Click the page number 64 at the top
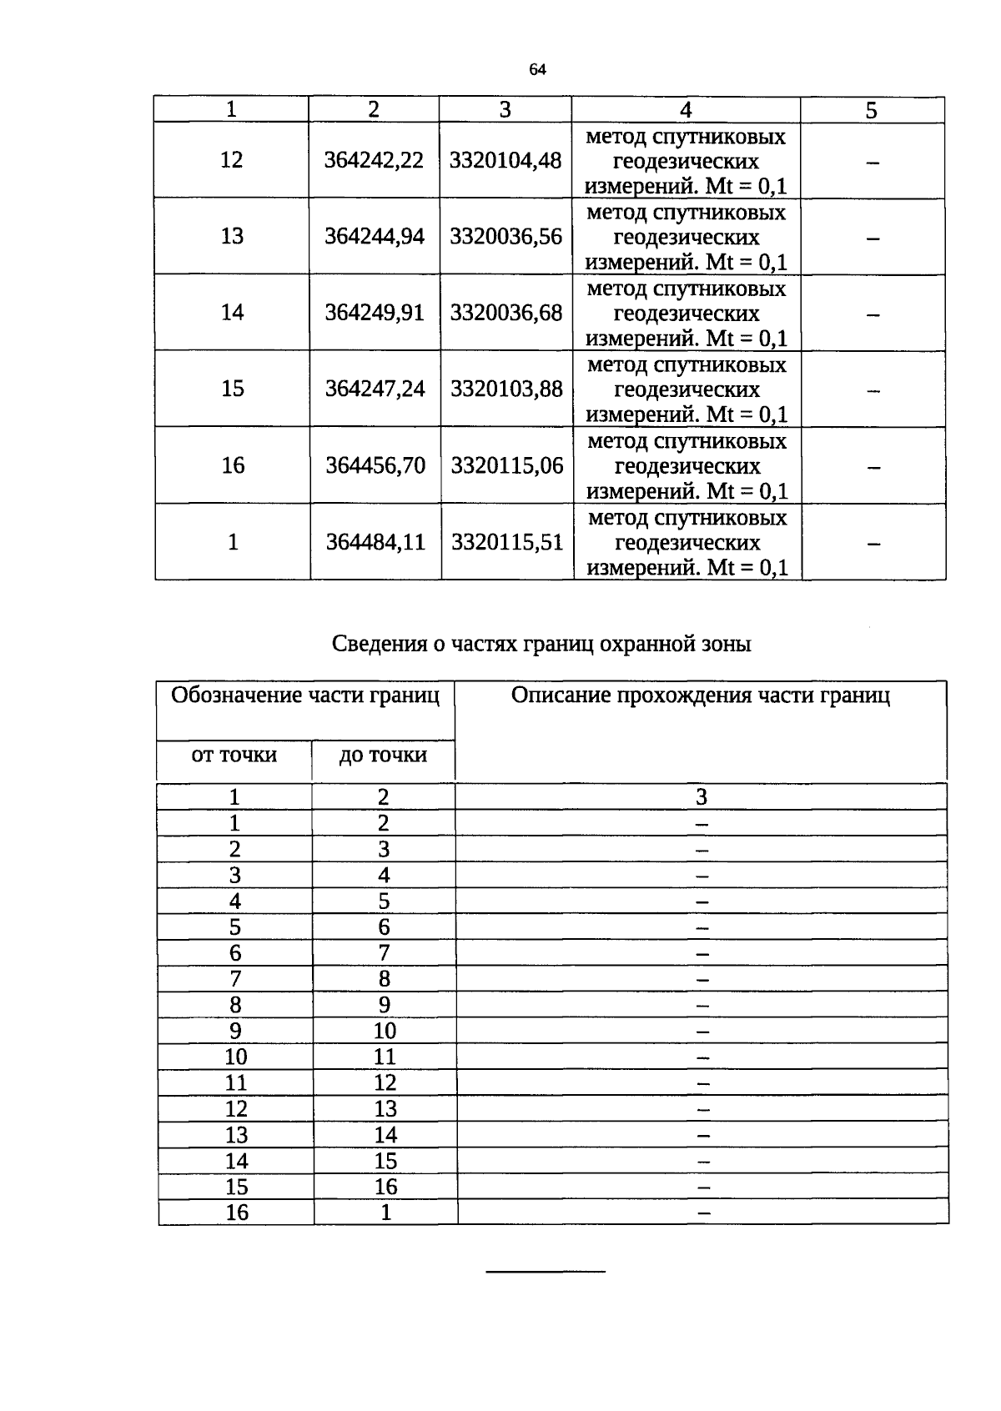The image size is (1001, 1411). pos(537,70)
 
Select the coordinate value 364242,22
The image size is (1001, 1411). pos(374,160)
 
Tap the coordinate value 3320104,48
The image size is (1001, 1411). pos(506,160)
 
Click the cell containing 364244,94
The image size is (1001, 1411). pos(375,236)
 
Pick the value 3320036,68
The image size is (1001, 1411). pos(506,313)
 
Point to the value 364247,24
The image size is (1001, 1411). pos(375,389)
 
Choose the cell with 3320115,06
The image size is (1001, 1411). pos(507,465)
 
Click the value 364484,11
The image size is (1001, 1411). pos(375,542)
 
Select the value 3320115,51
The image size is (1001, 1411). pos(507,542)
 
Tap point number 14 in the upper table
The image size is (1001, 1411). pos(232,313)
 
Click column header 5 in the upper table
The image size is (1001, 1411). pos(872,110)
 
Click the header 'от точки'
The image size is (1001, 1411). pos(234,756)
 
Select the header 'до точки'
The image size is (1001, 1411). pos(383,756)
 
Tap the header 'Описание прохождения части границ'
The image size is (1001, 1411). pos(701,695)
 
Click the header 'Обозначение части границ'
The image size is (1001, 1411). pos(305,695)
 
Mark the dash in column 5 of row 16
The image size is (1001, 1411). pos(873,468)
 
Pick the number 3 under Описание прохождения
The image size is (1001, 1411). pos(702,797)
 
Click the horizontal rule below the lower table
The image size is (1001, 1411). pos(546,1272)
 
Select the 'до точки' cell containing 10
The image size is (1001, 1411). pos(385,1031)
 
